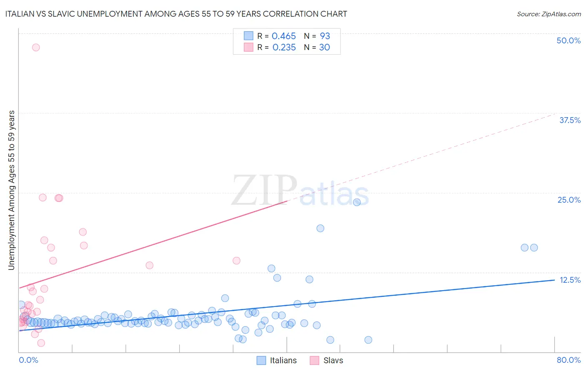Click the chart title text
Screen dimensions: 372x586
click(176, 14)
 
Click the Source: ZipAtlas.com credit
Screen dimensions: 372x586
click(548, 14)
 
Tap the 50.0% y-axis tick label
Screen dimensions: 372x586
click(568, 40)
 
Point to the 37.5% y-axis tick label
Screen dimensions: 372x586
click(570, 120)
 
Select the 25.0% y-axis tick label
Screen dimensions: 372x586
click(569, 200)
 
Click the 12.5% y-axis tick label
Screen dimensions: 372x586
click(570, 280)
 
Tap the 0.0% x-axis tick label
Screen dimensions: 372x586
click(28, 360)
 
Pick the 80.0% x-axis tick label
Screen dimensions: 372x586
click(568, 360)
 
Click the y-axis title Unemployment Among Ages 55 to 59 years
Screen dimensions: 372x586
click(11, 190)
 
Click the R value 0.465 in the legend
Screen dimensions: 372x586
click(283, 36)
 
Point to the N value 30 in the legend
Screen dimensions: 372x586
click(324, 48)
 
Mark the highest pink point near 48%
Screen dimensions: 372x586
click(36, 48)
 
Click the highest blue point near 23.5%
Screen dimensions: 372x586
click(357, 202)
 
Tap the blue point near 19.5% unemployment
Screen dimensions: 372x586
click(320, 228)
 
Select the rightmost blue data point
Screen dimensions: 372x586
click(534, 248)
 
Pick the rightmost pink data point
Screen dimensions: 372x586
click(236, 261)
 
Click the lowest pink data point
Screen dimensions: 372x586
click(41, 343)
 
